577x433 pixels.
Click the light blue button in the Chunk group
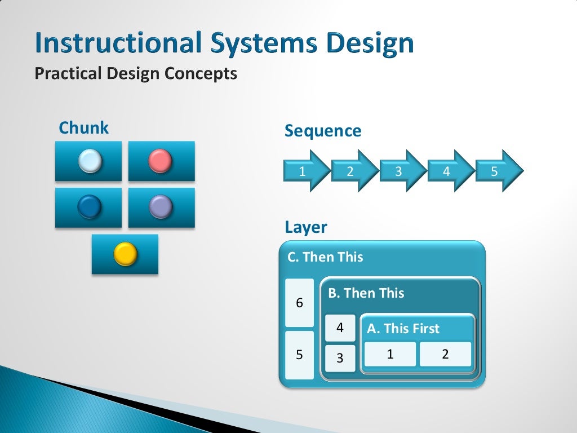90,161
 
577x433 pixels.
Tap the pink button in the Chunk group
160,161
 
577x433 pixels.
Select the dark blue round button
89,207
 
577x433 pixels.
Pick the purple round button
161,207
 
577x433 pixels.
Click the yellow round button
125,254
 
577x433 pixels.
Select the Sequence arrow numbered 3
400,171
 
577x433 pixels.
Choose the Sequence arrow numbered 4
449,171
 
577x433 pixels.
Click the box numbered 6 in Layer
299,303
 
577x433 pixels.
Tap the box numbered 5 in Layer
299,355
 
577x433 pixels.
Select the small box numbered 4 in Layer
340,328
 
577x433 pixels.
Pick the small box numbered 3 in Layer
340,358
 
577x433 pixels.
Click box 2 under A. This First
445,354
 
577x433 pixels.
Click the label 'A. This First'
403,329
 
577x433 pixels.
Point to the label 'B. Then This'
366,293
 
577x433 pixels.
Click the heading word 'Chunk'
83,128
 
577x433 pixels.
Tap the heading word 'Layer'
305,228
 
